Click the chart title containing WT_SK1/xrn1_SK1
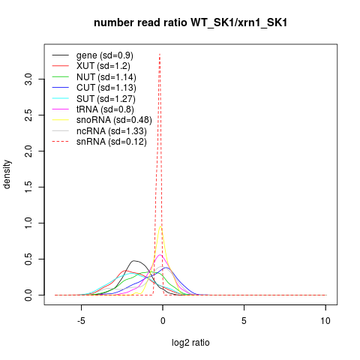pyautogui.click(x=190, y=22)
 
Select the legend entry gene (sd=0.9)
pyautogui.click(x=105, y=55)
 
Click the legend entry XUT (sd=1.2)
pyautogui.click(x=103, y=66)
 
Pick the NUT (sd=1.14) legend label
pyautogui.click(x=106, y=77)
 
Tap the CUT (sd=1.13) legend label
pyautogui.click(x=106, y=88)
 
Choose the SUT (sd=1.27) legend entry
pyautogui.click(x=106, y=99)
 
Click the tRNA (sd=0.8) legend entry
pyautogui.click(x=105, y=109)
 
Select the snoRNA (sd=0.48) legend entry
pyautogui.click(x=114, y=120)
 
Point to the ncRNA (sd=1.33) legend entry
pyautogui.click(x=112, y=131)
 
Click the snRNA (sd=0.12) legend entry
pyautogui.click(x=112, y=142)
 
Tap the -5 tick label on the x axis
pyautogui.click(x=81, y=321)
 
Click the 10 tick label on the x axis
pyautogui.click(x=325, y=321)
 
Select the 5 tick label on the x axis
pyautogui.click(x=244, y=321)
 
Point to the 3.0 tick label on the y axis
pyautogui.click(x=28, y=79)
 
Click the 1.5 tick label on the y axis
pyautogui.click(x=28, y=187)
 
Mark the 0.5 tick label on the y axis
pyautogui.click(x=28, y=259)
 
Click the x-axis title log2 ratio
pyautogui.click(x=190, y=343)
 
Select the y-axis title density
pyautogui.click(x=7, y=175)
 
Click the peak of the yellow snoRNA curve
pyautogui.click(x=160, y=226)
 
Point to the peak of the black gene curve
pyautogui.click(x=134, y=261)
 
